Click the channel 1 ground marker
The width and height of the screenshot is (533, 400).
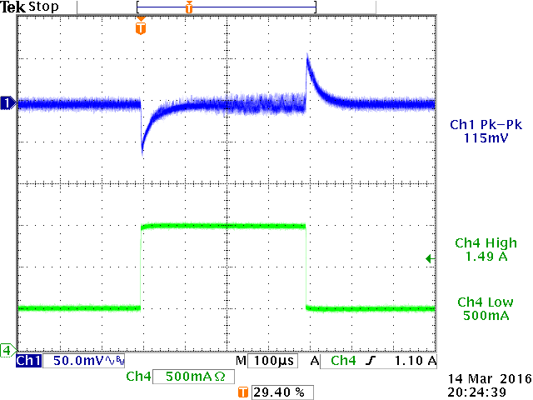click(7, 102)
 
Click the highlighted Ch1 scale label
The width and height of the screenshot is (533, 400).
click(27, 361)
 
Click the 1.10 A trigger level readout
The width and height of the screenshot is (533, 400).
click(414, 361)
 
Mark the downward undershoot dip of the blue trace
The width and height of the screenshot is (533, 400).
click(143, 151)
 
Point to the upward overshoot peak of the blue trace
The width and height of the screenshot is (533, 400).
click(308, 57)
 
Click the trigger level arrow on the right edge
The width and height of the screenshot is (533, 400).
click(430, 259)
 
